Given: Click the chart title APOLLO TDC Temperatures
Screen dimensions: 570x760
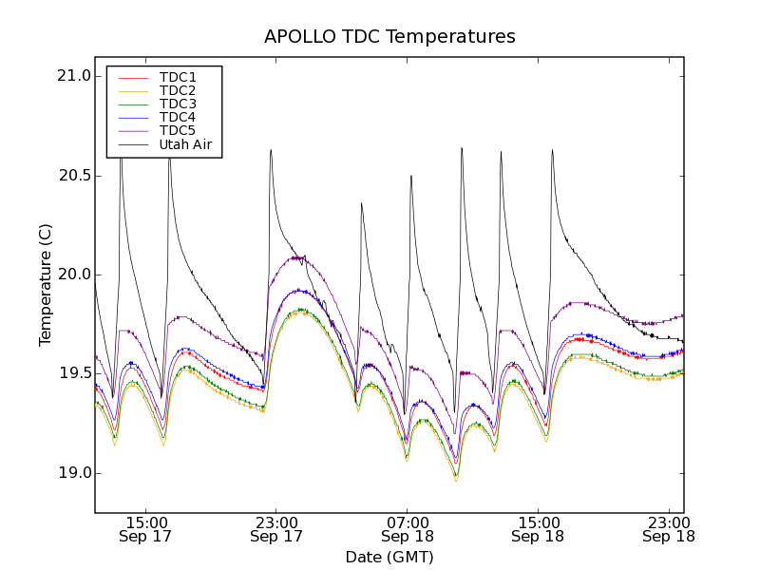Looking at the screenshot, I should [x=389, y=37].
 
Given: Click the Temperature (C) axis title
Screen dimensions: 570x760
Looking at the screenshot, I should [x=45, y=285].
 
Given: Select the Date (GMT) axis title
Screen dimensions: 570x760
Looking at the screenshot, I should [x=389, y=557].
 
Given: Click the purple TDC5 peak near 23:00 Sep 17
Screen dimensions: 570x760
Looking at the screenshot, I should [x=296, y=257].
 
